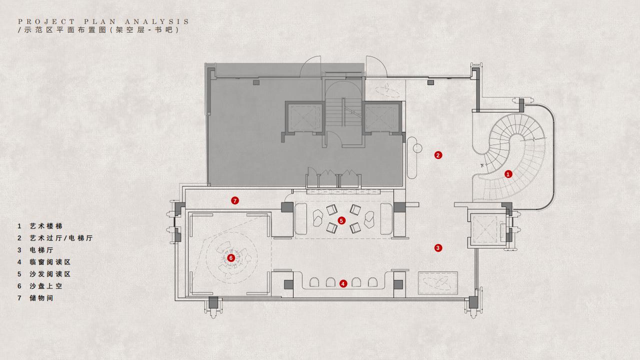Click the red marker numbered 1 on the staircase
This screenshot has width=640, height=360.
point(508,173)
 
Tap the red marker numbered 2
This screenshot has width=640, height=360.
point(438,155)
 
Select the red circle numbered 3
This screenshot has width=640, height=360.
point(438,247)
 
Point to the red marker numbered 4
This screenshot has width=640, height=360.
point(343,283)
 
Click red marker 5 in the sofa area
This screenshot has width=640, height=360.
point(341,220)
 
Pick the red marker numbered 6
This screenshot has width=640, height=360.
point(231,258)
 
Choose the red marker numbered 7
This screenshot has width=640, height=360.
point(235,200)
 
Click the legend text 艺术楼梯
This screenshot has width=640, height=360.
point(46,226)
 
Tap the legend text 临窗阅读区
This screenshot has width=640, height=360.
point(50,262)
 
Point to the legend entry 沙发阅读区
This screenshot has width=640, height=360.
point(50,274)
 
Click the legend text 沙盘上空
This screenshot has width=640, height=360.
point(46,286)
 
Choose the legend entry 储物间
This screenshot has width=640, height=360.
point(41,298)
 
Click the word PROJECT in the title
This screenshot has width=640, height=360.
point(46,21)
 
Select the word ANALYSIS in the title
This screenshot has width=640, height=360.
point(157,21)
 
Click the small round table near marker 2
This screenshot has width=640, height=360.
point(417,148)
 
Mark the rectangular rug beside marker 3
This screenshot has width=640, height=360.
point(437,283)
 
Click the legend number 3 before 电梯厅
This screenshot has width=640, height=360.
point(19,250)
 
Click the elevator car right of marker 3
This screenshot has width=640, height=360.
point(485,229)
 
